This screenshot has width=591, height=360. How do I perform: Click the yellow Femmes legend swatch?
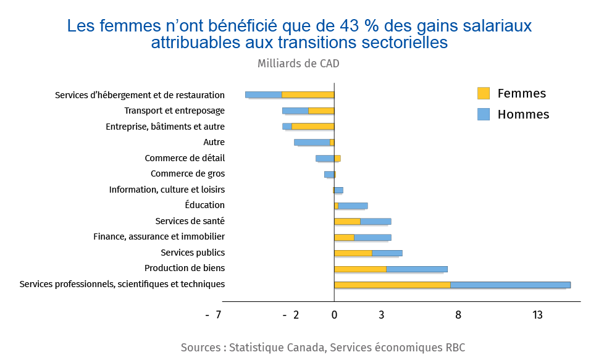pyautogui.click(x=483, y=93)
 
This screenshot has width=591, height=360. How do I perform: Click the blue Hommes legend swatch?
pyautogui.click(x=483, y=114)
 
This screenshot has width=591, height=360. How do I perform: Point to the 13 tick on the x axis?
pyautogui.click(x=537, y=315)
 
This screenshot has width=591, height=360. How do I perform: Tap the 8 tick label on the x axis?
pyautogui.click(x=458, y=315)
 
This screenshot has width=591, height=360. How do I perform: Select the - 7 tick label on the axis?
pyautogui.click(x=213, y=315)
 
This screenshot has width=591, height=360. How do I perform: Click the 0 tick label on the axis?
pyautogui.click(x=334, y=315)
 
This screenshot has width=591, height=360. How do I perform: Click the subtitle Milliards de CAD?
pyautogui.click(x=298, y=63)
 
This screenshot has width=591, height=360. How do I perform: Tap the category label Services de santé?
pyautogui.click(x=190, y=221)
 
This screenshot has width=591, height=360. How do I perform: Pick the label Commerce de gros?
pyautogui.click(x=188, y=174)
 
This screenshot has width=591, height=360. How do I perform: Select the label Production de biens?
pyautogui.click(x=185, y=268)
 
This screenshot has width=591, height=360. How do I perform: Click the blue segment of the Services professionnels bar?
pyautogui.click(x=510, y=285)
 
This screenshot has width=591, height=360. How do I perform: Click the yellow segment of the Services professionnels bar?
pyautogui.click(x=392, y=285)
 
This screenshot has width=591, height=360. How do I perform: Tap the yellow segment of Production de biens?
pyautogui.click(x=360, y=269)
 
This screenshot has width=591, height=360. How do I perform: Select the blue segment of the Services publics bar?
pyautogui.click(x=387, y=253)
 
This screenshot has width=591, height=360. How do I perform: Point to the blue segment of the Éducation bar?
pyautogui.click(x=353, y=206)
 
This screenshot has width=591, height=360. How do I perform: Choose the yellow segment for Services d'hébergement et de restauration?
pyautogui.click(x=308, y=95)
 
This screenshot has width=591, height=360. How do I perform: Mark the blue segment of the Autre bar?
pyautogui.click(x=312, y=142)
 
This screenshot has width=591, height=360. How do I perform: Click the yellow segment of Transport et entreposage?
pyautogui.click(x=321, y=111)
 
